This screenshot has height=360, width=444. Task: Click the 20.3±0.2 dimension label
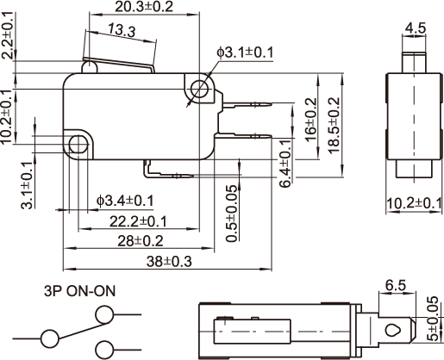pyautogui.click(x=144, y=7)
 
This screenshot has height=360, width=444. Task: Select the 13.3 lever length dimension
pyautogui.click(x=122, y=31)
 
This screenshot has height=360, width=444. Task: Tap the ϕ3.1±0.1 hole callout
pyautogui.click(x=245, y=53)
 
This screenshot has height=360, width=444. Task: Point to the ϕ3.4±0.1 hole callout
pyautogui.click(x=125, y=201)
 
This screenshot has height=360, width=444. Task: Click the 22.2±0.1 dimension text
pyautogui.click(x=138, y=221)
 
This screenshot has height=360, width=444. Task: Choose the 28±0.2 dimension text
pyautogui.click(x=141, y=241)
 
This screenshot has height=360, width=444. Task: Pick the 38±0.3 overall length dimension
pyautogui.click(x=169, y=262)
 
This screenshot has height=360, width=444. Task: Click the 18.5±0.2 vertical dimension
pyautogui.click(x=334, y=126)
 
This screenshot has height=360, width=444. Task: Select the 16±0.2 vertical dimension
pyautogui.click(x=310, y=120)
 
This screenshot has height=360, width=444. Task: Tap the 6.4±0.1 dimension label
pyautogui.click(x=285, y=164)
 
